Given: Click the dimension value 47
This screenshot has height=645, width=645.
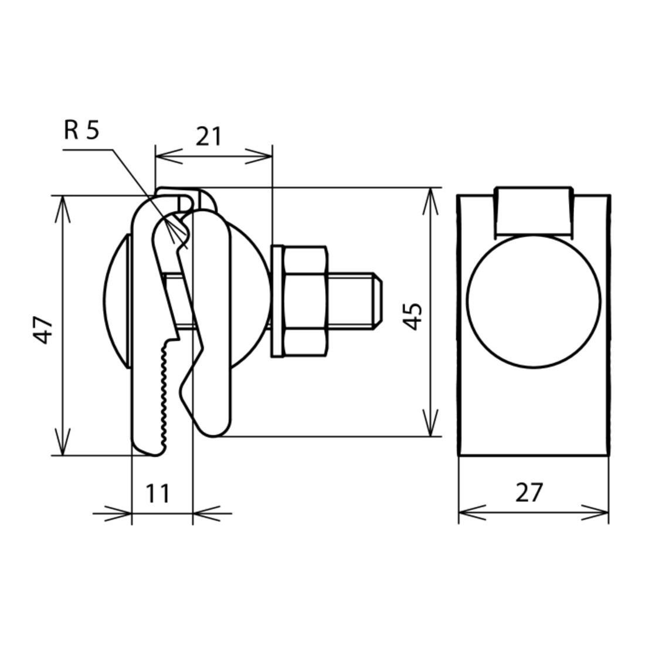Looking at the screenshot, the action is tap(43, 330).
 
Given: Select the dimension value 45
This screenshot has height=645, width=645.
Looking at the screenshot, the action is tap(412, 316).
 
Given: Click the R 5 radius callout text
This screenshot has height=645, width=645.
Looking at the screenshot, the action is tap(82, 130).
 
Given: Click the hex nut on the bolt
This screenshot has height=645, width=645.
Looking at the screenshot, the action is tap(305, 301).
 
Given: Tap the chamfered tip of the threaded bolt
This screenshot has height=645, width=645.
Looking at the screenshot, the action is tap(378, 301).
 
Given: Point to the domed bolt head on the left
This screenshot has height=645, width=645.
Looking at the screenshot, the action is tap(117, 301).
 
